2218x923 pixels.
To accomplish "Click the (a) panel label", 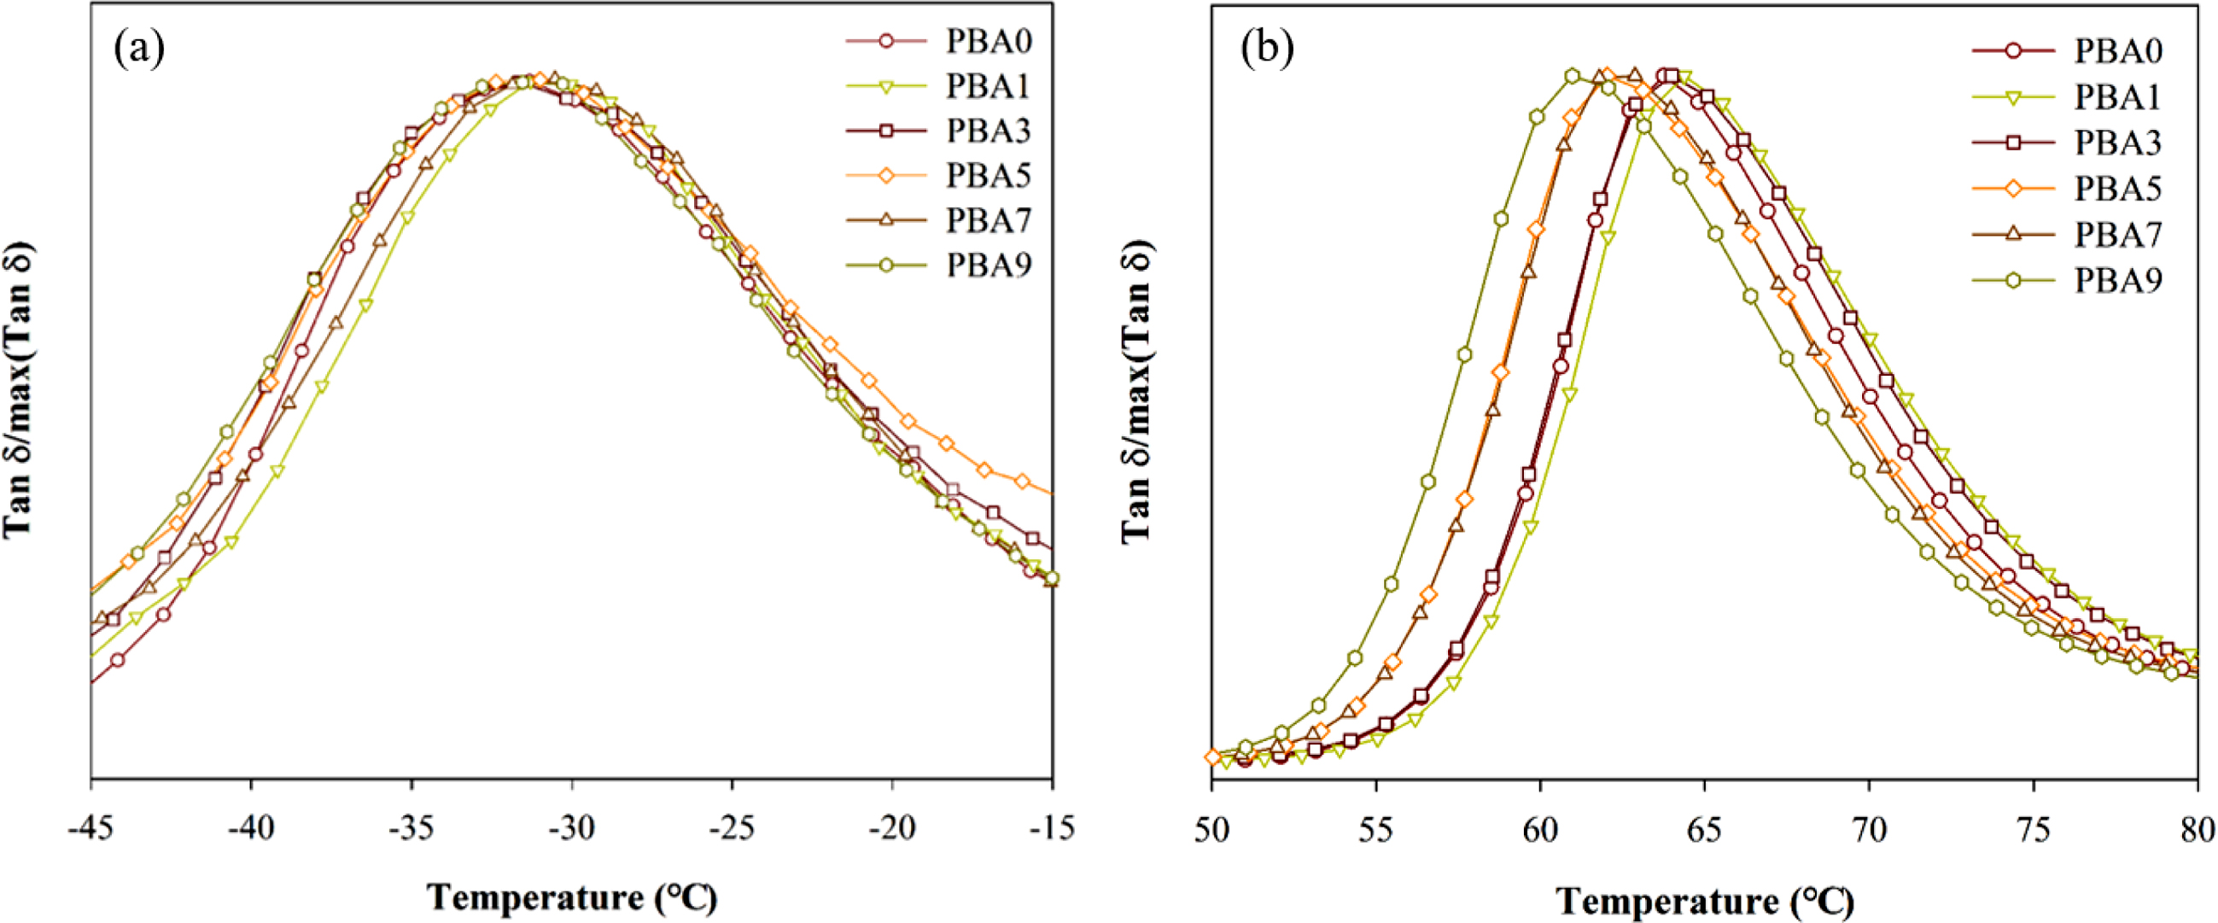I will [x=138, y=50].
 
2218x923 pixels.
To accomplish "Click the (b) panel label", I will [x=1267, y=50].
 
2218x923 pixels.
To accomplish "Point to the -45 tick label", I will [x=91, y=828].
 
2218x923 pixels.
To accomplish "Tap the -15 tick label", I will [x=1051, y=828].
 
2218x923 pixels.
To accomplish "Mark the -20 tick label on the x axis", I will [x=892, y=828].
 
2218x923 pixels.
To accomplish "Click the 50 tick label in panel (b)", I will [x=1212, y=831].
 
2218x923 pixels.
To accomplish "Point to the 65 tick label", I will [x=1705, y=831].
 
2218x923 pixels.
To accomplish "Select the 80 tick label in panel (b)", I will [x=2198, y=831].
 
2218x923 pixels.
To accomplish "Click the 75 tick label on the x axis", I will [x=2034, y=831].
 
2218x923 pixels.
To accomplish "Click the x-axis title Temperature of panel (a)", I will [x=572, y=898].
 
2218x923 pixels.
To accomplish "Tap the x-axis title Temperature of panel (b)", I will [x=1705, y=902].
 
